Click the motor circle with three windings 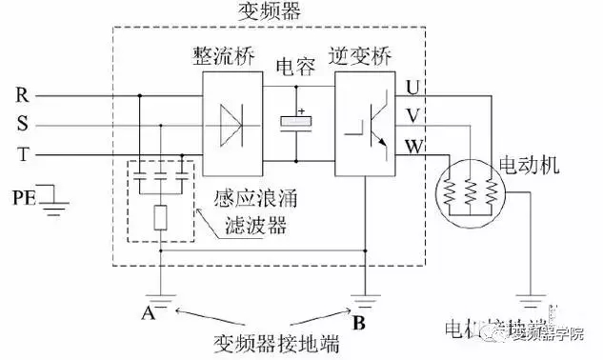(x=469, y=193)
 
